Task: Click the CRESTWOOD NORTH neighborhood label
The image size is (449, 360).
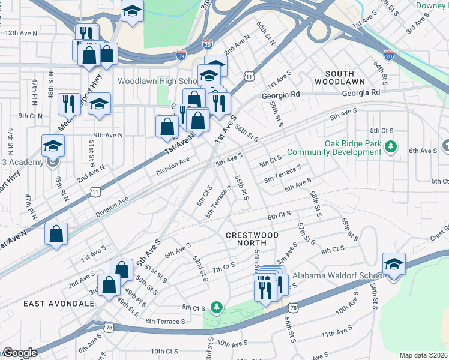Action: click(252, 235)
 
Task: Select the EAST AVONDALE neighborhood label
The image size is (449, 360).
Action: click(59, 304)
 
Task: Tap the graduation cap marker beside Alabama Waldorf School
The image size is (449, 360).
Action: click(394, 264)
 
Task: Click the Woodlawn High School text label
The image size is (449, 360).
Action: click(157, 81)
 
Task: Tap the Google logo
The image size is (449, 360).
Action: click(20, 353)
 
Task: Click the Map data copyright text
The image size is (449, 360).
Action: click(423, 355)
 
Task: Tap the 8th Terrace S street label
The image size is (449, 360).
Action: click(165, 322)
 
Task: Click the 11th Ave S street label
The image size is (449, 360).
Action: click(336, 333)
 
